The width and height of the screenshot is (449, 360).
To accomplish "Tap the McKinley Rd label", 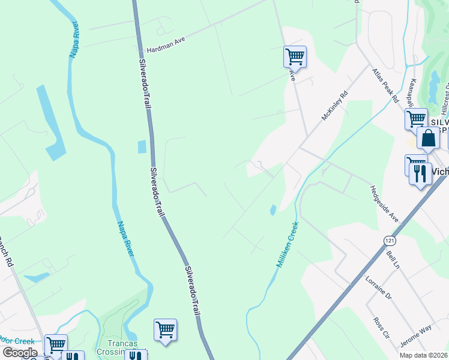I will click(334, 106).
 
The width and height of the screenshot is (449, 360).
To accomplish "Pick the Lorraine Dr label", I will click(378, 287).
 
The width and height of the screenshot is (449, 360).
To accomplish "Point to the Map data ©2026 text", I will click(423, 355).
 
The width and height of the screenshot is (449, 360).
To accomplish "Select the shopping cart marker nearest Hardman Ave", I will click(295, 57).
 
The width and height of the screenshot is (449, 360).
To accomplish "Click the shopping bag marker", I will click(429, 138).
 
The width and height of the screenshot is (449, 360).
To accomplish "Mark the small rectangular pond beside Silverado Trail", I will click(142, 146).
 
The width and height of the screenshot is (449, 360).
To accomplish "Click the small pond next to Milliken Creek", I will click(273, 210).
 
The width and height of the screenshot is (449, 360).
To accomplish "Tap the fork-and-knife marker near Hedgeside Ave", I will click(420, 174).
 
